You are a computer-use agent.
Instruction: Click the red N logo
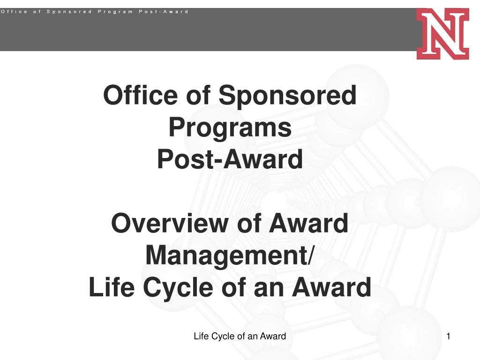(442, 33)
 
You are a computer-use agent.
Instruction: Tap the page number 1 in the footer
(449, 336)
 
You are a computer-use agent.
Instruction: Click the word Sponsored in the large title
(287, 96)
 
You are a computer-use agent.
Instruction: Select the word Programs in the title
(230, 127)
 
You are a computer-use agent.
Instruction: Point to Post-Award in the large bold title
(230, 159)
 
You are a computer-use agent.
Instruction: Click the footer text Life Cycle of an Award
(240, 336)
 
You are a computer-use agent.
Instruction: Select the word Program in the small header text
(115, 11)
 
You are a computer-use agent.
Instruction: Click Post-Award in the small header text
(164, 11)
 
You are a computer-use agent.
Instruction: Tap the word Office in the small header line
(14, 11)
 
